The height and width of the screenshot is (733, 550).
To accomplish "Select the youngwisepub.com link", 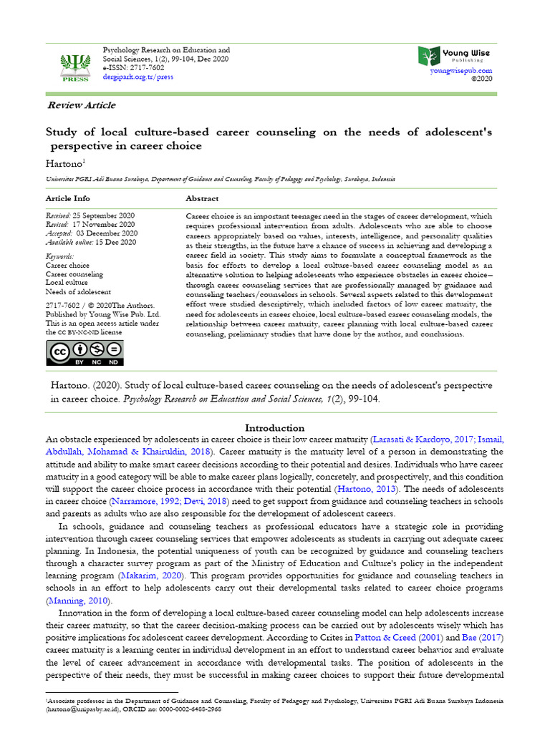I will (460, 71).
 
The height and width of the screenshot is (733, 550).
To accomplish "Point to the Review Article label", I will (81, 105).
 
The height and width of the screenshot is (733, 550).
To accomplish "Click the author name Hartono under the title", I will (63, 164).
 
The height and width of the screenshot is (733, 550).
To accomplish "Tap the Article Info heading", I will (68, 198).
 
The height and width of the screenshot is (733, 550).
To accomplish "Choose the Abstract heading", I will (202, 198).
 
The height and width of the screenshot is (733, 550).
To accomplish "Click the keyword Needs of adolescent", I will (78, 292).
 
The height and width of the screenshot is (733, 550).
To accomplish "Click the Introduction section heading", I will (275, 428).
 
